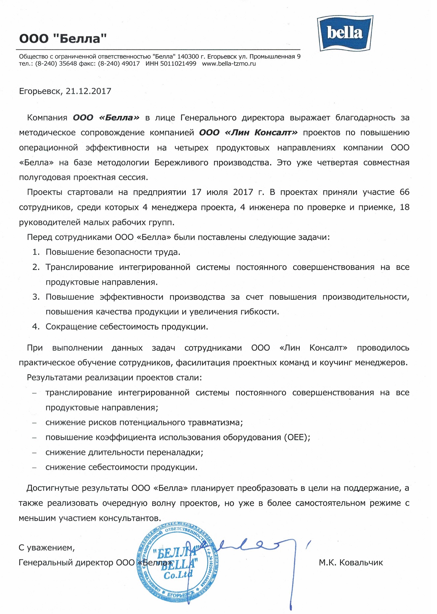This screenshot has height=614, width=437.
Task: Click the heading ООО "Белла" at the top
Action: click(63, 38)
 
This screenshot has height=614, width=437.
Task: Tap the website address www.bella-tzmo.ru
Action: click(229, 63)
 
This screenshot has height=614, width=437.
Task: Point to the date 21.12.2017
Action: click(88, 91)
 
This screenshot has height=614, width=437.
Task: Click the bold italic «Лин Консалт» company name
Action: click(261, 132)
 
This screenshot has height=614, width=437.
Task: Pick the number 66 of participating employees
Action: click(404, 192)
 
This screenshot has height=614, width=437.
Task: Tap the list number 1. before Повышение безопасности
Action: click(36, 252)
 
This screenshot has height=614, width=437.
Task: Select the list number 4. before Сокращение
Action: click(36, 326)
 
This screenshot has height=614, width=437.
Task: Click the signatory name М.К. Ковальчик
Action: click(351, 562)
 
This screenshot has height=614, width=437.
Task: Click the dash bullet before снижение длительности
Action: click(34, 453)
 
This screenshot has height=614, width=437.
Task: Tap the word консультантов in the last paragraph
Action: click(130, 518)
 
